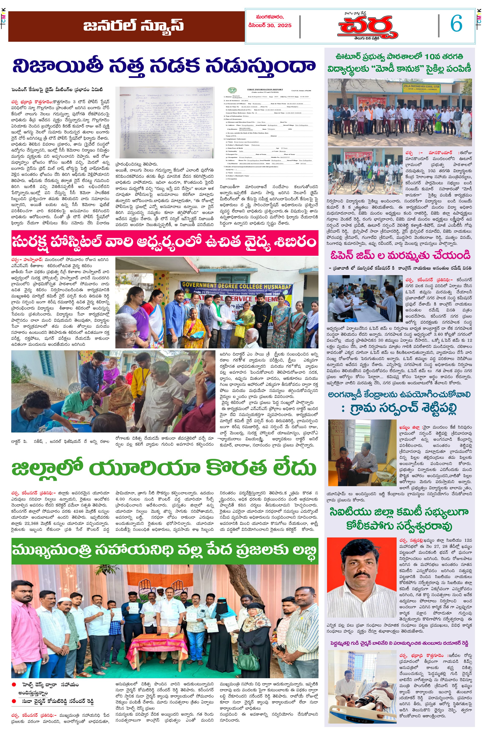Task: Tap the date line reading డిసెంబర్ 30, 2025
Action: [270, 25]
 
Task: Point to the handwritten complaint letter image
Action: [165, 122]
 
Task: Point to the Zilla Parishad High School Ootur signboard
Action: [421, 88]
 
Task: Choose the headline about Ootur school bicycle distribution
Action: [399, 63]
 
